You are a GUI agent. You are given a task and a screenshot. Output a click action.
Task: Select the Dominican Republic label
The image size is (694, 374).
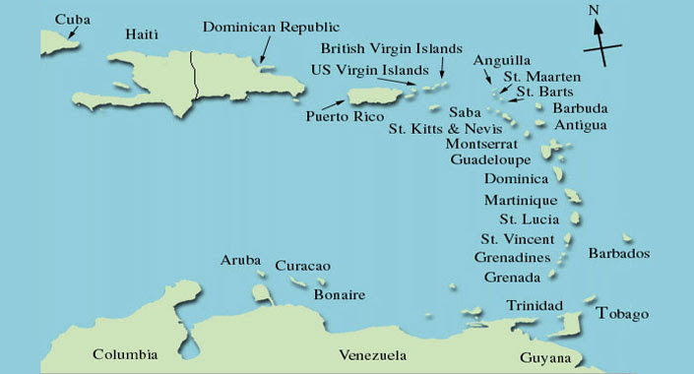pyautogui.click(x=272, y=27)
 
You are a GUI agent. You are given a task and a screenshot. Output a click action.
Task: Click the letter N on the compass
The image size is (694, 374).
pyautogui.click(x=593, y=11)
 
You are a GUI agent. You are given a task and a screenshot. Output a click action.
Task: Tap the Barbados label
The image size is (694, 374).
pyautogui.click(x=619, y=254)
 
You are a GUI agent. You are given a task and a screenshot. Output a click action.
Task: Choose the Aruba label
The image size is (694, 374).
pyautogui.click(x=240, y=260)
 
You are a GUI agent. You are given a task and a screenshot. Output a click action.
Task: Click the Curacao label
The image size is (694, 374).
pyautogui.click(x=302, y=266)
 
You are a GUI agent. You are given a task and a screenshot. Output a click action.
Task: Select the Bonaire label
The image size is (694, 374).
pyautogui.click(x=340, y=294)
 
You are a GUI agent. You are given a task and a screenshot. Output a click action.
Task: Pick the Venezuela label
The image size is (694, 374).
pyautogui.click(x=372, y=354)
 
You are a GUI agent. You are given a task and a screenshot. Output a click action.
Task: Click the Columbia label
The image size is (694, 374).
pyautogui.click(x=125, y=354)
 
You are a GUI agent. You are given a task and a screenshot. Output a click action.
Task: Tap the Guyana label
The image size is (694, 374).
pyautogui.click(x=545, y=357)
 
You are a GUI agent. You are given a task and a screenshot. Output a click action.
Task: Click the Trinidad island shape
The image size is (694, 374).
pyautogui.click(x=571, y=325)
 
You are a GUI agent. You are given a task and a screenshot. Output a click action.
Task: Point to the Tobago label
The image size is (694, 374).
pyautogui.click(x=623, y=314)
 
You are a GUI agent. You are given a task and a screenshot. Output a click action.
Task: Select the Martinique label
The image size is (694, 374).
pyautogui.click(x=521, y=200)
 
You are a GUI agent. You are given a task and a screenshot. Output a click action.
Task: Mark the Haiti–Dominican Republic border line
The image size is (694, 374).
pyautogui.click(x=194, y=74)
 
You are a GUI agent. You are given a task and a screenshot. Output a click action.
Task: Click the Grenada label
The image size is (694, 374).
pyautogui.click(x=512, y=278)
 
